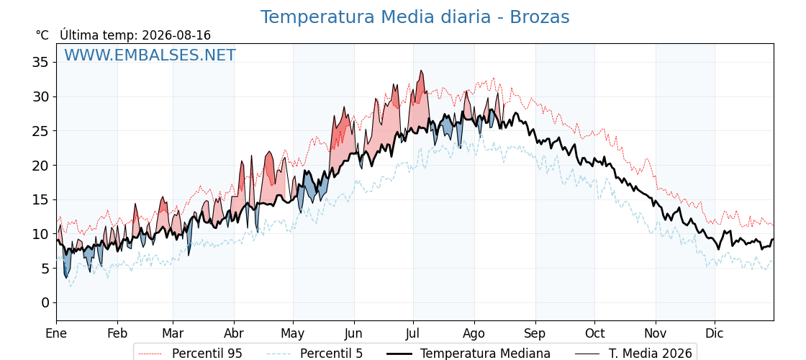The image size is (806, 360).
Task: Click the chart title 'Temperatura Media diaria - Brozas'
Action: (415, 17)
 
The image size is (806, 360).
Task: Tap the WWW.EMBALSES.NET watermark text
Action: (150, 55)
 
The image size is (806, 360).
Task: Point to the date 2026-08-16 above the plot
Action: (176, 35)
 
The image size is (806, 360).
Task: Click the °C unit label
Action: (42, 35)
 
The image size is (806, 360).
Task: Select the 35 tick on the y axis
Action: (40, 63)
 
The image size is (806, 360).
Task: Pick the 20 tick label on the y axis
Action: (40, 166)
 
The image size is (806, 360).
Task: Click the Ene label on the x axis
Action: (56, 333)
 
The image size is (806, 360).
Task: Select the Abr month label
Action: (235, 333)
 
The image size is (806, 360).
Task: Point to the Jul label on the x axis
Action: (413, 333)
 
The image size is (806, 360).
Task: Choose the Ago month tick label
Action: (474, 333)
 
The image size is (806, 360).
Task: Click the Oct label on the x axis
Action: (594, 333)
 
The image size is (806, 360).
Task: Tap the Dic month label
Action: (715, 333)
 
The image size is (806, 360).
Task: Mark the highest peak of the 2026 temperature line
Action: (421, 71)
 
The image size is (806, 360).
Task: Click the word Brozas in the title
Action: (539, 17)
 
